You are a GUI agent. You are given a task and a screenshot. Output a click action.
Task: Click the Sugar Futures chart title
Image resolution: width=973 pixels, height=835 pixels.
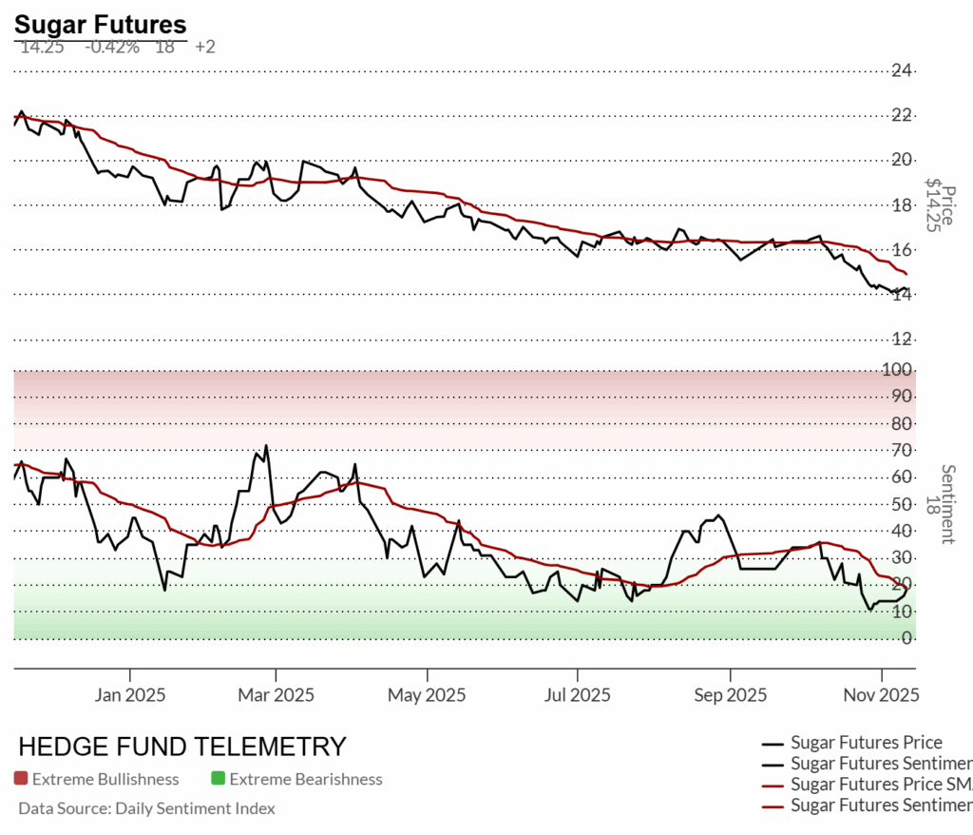(x=100, y=25)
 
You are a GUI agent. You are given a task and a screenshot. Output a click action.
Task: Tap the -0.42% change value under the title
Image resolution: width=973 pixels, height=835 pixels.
(x=112, y=46)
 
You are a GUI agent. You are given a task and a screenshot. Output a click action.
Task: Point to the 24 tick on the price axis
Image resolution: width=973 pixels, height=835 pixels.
(x=902, y=70)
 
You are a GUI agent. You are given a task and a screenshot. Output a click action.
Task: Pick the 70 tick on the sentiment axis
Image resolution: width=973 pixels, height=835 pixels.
(x=902, y=450)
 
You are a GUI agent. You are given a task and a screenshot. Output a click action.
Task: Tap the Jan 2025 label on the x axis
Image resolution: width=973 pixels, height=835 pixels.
(x=130, y=695)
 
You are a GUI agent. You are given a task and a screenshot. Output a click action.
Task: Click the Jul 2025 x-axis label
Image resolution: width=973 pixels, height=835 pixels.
(x=578, y=695)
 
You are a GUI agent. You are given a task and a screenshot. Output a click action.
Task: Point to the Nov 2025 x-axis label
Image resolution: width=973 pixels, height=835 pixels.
(x=880, y=695)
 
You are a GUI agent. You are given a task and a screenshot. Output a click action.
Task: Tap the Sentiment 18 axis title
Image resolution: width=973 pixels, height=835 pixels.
(x=946, y=504)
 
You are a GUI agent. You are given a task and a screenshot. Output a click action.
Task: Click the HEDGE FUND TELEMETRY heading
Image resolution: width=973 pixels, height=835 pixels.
(x=182, y=746)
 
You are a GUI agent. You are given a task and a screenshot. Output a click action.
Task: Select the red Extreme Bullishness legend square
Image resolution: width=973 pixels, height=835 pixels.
(x=21, y=779)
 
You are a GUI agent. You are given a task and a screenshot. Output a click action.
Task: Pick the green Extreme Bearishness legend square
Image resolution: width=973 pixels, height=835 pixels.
(x=219, y=779)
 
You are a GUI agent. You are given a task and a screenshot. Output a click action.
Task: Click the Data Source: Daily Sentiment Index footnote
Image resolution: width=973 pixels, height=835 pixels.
(x=146, y=808)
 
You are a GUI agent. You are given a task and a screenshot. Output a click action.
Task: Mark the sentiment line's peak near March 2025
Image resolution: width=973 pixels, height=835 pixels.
(x=266, y=445)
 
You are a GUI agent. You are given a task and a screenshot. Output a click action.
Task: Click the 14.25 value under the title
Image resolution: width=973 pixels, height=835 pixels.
(x=42, y=46)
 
